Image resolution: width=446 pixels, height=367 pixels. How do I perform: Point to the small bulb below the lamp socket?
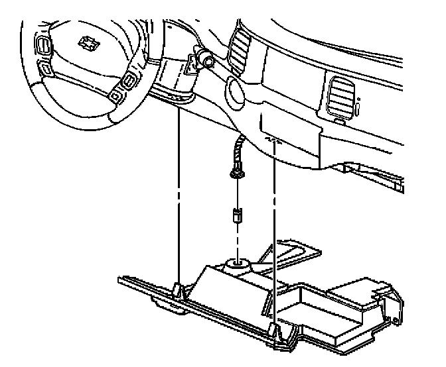coord(236,215)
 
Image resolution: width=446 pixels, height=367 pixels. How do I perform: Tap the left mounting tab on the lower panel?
coord(178,289)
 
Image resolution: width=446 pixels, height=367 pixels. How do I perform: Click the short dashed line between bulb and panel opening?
coord(236,238)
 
